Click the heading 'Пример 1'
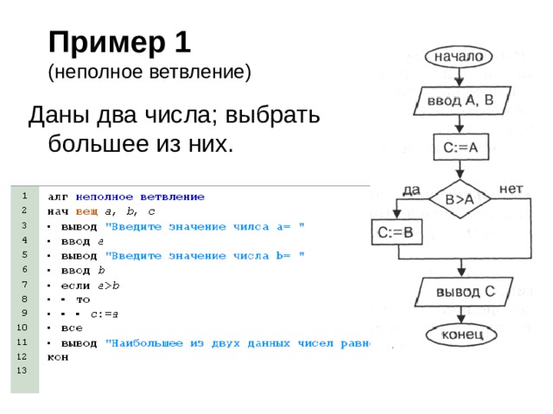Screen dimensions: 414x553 (x=120, y=41)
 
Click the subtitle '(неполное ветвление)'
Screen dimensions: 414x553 (x=149, y=72)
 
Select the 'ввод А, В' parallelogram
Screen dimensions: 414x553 (x=461, y=102)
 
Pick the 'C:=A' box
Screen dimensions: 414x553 (x=460, y=147)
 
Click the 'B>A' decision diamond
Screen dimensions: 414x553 (x=459, y=199)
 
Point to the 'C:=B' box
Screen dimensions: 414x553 (x=396, y=232)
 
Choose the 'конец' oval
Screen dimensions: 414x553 (x=461, y=334)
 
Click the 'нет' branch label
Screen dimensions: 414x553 (x=511, y=187)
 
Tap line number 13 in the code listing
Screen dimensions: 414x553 (x=23, y=370)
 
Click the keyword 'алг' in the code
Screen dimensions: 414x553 (x=59, y=197)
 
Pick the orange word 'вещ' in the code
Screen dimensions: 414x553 (x=86, y=211)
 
